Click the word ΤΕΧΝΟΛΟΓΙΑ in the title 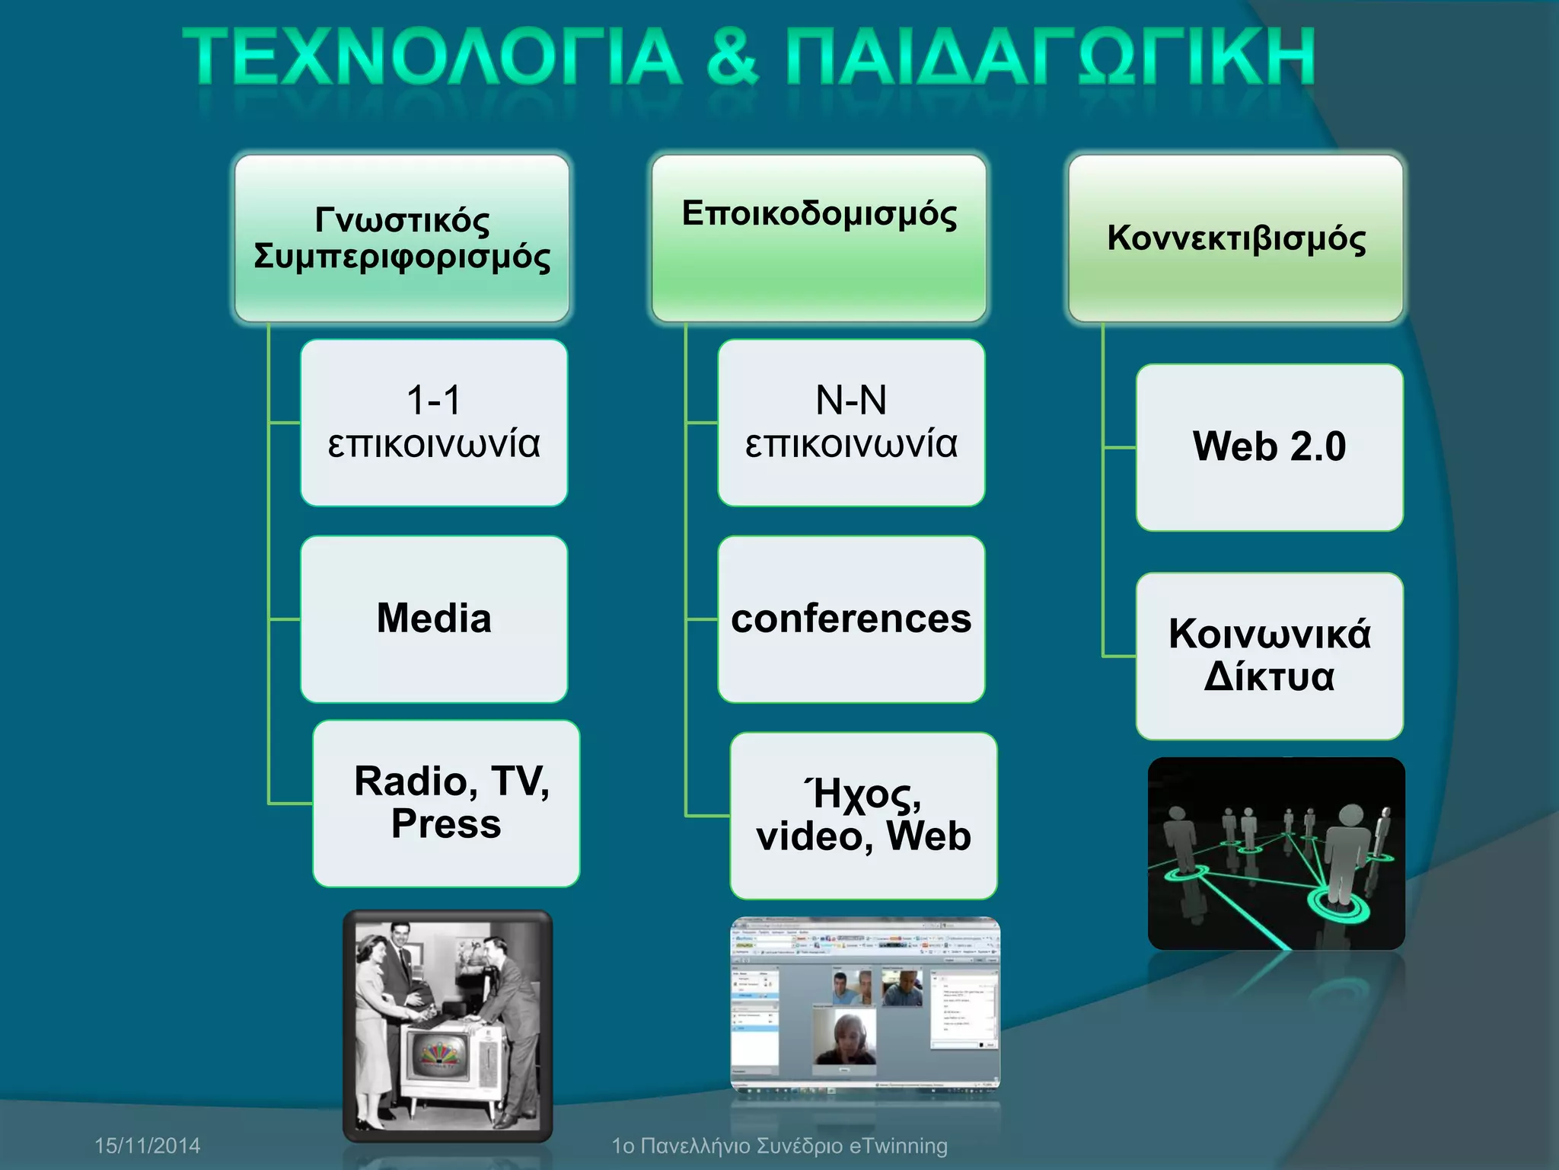tap(432, 57)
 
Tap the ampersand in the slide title tap(733, 57)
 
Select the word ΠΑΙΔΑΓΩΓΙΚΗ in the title tap(1050, 57)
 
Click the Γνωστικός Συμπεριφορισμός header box tap(402, 238)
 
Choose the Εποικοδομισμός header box tap(819, 238)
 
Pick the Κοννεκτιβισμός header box tap(1235, 238)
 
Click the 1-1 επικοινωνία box tap(434, 423)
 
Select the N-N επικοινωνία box tap(851, 423)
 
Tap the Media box tap(434, 619)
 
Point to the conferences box tap(851, 619)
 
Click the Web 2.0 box tap(1269, 447)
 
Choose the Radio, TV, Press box tap(447, 803)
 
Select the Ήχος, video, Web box tap(863, 816)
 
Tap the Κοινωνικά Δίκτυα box tap(1269, 656)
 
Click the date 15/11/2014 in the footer tap(148, 1146)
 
